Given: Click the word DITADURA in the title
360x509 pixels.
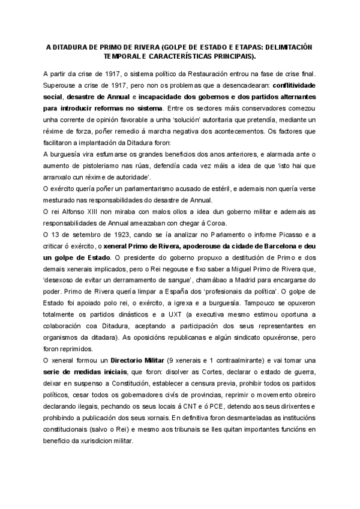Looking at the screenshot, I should tap(76, 46).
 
